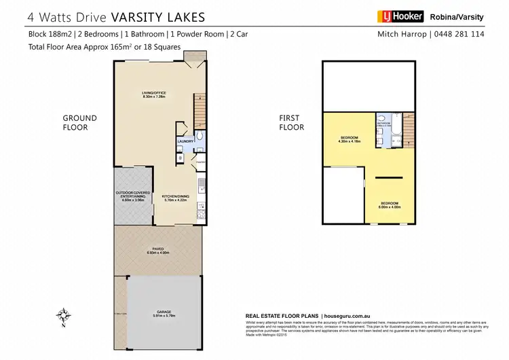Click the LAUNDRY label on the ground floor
(x=185, y=141)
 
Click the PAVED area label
(x=157, y=250)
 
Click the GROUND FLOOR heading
(x=80, y=122)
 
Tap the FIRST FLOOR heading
(x=293, y=122)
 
